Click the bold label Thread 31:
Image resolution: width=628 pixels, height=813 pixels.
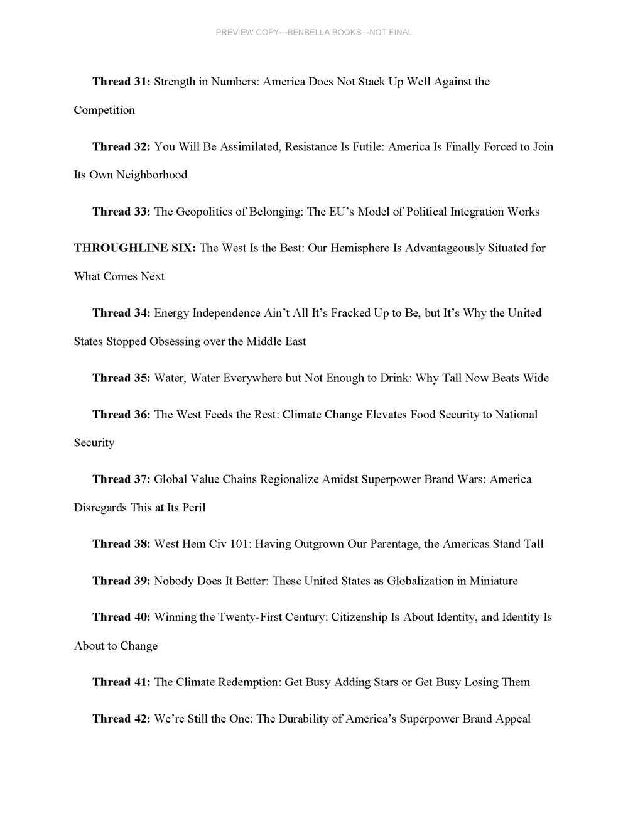(121, 82)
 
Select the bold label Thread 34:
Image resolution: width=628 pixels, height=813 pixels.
(121, 313)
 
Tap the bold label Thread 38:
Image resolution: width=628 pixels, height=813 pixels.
(121, 544)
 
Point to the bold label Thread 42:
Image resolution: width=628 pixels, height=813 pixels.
(121, 719)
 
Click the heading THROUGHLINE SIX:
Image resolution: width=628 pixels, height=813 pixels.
(135, 248)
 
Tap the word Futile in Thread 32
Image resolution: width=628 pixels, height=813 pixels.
(366, 147)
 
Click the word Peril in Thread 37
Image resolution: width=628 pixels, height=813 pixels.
(193, 508)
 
